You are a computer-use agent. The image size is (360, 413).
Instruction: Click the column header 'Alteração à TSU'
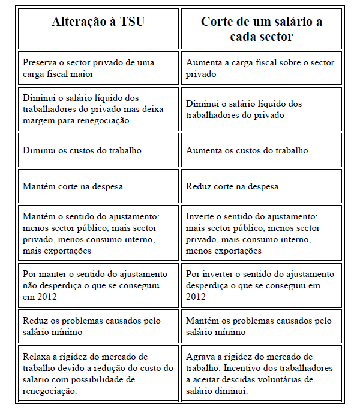click(98, 22)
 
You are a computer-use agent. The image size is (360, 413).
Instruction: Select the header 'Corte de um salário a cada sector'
click(261, 29)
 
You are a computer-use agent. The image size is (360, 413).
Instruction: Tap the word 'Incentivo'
click(245, 368)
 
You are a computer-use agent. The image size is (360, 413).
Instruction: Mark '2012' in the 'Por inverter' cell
click(196, 297)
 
